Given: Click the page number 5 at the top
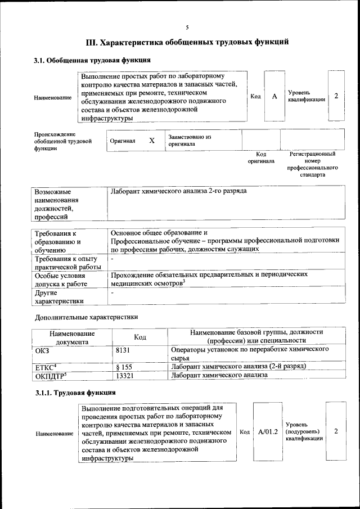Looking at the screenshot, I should point(187,27).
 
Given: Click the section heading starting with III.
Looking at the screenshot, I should point(187,42).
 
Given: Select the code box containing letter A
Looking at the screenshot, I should point(274,96).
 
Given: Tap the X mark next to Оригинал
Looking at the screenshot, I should point(152,141).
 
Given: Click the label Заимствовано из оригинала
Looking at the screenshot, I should point(189,140).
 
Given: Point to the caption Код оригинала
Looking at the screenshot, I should point(261,157).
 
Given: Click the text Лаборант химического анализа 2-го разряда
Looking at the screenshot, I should point(179,191).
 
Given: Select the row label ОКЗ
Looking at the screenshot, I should point(43,350).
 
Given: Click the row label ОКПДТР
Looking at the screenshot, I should point(51,376).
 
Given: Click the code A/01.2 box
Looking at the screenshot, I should point(268,432).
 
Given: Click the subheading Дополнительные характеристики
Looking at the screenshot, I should point(86,317).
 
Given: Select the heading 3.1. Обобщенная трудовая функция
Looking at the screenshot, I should point(92,60).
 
